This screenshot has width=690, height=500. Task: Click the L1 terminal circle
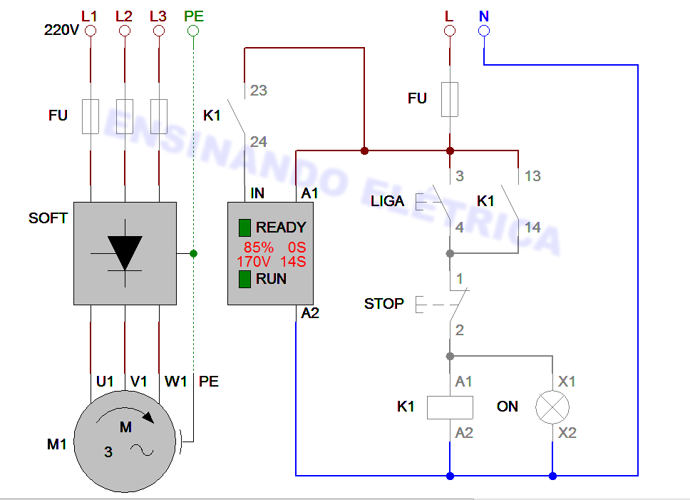click(x=91, y=31)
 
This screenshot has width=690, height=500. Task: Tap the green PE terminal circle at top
click(x=193, y=31)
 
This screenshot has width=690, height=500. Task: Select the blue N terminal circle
click(x=484, y=31)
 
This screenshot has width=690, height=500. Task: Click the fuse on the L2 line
click(x=125, y=116)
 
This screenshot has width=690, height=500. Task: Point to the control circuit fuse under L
click(x=450, y=98)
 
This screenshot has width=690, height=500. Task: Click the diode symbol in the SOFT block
click(x=125, y=252)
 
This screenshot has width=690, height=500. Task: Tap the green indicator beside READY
click(x=244, y=228)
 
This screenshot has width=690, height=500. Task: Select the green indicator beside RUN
click(x=244, y=279)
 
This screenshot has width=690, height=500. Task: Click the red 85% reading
click(x=259, y=248)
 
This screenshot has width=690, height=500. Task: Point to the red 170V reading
click(x=254, y=262)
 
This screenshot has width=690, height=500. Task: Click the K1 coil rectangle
click(x=450, y=407)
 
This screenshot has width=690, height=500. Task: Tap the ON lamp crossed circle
click(x=553, y=407)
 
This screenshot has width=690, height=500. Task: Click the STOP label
click(x=383, y=304)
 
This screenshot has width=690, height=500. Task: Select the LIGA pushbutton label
click(x=388, y=201)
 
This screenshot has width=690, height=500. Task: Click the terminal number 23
click(x=259, y=91)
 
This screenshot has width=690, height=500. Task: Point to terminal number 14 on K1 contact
click(x=532, y=228)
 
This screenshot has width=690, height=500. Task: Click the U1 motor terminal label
click(x=105, y=382)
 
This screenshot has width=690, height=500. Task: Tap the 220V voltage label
click(x=61, y=31)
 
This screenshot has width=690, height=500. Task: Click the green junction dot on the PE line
click(x=193, y=253)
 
